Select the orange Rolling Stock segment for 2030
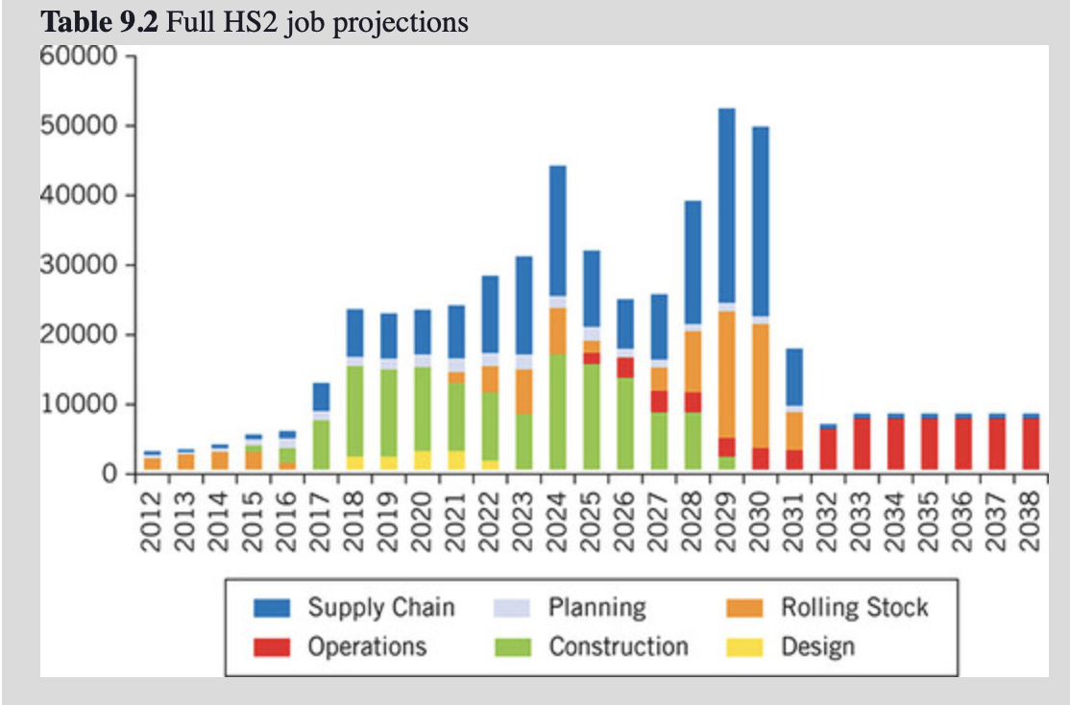click(x=760, y=385)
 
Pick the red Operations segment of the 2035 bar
click(x=929, y=444)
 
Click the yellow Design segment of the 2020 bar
click(x=422, y=459)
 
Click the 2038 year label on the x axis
click(x=1030, y=521)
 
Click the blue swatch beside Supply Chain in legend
click(x=272, y=608)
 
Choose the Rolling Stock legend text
click(x=854, y=607)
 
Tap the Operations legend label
click(x=366, y=645)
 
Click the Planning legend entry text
click(x=596, y=607)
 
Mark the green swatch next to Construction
click(x=512, y=646)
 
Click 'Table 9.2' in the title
click(x=101, y=21)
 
